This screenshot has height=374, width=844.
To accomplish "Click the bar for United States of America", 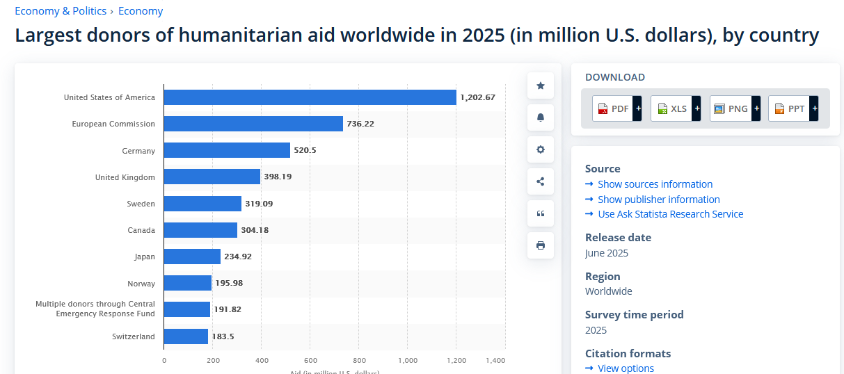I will pyautogui.click(x=310, y=97).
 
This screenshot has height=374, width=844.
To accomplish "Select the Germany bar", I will pyautogui.click(x=227, y=150).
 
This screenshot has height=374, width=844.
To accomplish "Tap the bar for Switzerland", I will pyautogui.click(x=186, y=336).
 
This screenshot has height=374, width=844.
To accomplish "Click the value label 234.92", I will pyautogui.click(x=238, y=257).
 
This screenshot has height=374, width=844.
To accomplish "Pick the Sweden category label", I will pyautogui.click(x=141, y=204).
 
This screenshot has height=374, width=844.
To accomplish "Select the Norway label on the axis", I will pyautogui.click(x=141, y=284).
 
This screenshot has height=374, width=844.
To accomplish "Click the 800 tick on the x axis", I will pyautogui.click(x=359, y=360).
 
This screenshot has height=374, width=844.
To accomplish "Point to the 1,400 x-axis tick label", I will pyautogui.click(x=495, y=360).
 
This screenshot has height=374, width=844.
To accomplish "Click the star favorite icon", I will pyautogui.click(x=541, y=86).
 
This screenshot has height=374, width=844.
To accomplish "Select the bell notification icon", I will pyautogui.click(x=541, y=117).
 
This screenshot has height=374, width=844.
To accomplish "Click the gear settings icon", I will pyautogui.click(x=541, y=149).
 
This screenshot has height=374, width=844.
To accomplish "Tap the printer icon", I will pyautogui.click(x=541, y=245).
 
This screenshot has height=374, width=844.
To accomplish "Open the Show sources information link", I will pyautogui.click(x=655, y=184).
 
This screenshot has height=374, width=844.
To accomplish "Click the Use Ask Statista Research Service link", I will pyautogui.click(x=670, y=214).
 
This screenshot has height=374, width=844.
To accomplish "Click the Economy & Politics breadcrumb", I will pyautogui.click(x=61, y=11).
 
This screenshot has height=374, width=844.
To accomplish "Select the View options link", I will pyautogui.click(x=626, y=368).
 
